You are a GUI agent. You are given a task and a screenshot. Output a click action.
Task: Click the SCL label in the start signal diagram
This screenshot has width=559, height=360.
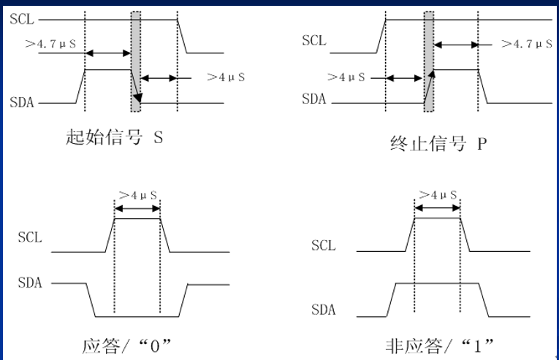tap(20, 19)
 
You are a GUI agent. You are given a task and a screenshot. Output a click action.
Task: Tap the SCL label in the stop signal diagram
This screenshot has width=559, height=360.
tap(314, 39)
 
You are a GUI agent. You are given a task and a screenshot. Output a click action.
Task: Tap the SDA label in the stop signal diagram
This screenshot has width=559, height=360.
tap(314, 99)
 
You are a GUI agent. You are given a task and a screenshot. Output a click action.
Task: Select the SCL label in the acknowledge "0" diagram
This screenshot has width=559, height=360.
tap(30, 237)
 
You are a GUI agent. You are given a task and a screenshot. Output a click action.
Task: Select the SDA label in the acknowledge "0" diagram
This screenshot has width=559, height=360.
tap(30, 283)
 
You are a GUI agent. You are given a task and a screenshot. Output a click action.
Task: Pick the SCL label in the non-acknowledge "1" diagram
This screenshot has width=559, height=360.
tap(323, 245)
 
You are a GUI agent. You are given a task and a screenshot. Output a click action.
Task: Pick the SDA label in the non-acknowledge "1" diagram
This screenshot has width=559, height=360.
tap(323, 310)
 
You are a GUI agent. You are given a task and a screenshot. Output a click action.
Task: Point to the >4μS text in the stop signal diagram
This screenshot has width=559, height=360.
tap(346, 76)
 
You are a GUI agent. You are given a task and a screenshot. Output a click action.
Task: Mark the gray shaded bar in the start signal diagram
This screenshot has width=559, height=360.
tap(136, 61)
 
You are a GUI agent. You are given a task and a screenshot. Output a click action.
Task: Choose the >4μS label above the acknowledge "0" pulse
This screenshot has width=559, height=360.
tap(138, 195)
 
